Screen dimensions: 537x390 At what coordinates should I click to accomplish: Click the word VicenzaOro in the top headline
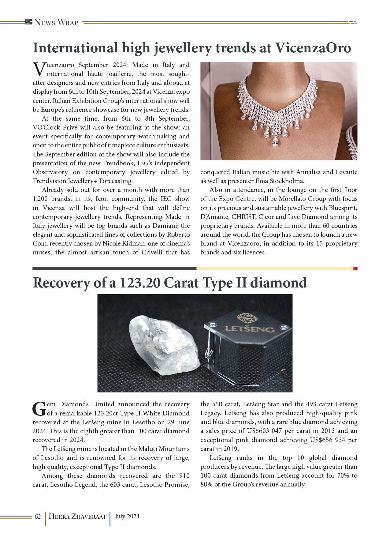click(313, 48)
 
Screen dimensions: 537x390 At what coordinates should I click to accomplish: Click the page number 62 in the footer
click(38, 516)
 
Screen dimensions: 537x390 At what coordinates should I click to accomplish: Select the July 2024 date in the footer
click(127, 516)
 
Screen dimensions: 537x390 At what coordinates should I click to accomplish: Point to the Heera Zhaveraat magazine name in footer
click(77, 516)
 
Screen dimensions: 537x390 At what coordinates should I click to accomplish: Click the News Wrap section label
click(56, 22)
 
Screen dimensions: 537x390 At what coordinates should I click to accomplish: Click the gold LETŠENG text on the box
click(250, 329)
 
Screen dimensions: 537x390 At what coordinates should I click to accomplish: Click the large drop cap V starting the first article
click(39, 69)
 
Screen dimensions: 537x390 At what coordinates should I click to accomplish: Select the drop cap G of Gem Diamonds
click(39, 409)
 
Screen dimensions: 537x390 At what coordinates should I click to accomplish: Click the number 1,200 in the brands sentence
click(39, 199)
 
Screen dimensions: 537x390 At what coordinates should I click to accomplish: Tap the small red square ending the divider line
click(355, 268)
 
